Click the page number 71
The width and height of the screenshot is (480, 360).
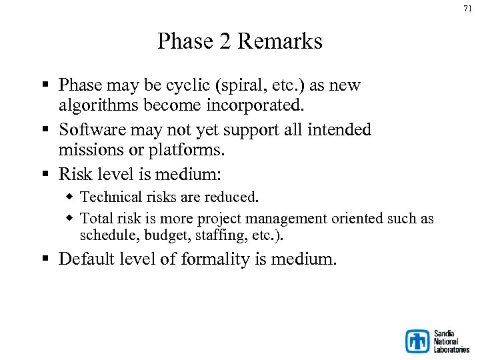click(467, 9)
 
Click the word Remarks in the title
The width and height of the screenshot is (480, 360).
click(279, 41)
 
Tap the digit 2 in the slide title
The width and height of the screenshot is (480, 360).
click(224, 41)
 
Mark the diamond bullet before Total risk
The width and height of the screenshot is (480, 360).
click(70, 219)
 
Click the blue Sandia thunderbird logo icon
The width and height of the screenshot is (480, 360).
click(417, 341)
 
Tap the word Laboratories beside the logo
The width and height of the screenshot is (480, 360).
click(451, 349)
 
